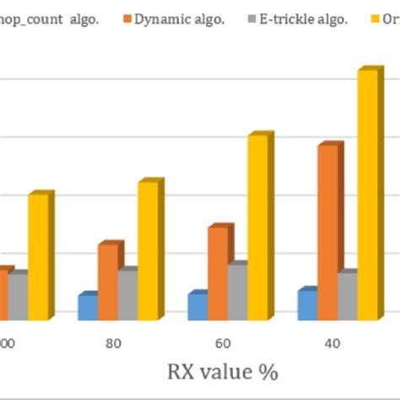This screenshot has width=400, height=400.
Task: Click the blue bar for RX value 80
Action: pos(87,306)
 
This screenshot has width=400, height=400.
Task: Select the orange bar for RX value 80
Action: pos(108,281)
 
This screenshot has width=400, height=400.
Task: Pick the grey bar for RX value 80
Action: pos(127,295)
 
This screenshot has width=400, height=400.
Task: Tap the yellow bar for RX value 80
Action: pos(148,251)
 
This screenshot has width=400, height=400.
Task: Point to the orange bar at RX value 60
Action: pos(218,273)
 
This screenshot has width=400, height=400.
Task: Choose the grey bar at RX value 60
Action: pos(237,291)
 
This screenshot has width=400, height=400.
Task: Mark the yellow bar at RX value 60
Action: pos(257,226)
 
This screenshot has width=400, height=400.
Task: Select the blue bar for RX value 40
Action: pos(305,304)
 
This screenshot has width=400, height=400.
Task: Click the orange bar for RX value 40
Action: pos(327,232)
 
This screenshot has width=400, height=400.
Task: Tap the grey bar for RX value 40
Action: pos(347,295)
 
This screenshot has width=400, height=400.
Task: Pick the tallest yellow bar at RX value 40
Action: pos(368,194)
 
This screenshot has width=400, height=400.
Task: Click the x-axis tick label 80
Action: pos(114,343)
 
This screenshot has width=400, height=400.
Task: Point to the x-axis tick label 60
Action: pos(223,343)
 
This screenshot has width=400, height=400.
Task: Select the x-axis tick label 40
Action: pos(332,343)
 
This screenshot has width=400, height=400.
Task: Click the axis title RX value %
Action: pos(224,371)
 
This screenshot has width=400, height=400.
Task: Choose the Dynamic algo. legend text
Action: pos(177,19)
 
